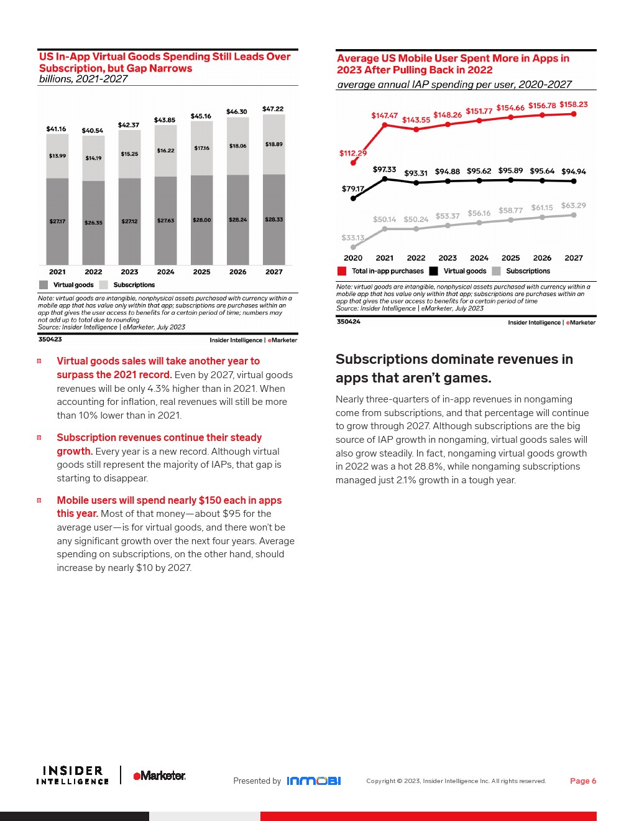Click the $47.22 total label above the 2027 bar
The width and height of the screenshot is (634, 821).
pyautogui.click(x=273, y=109)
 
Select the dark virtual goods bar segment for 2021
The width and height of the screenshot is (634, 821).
pyautogui.click(x=57, y=221)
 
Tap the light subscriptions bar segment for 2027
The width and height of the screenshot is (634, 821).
pyautogui.click(x=274, y=144)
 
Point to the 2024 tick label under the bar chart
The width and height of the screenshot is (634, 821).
pyautogui.click(x=165, y=272)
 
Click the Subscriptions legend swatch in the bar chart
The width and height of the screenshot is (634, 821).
pyautogui.click(x=104, y=285)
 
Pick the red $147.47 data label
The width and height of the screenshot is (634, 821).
pyautogui.click(x=384, y=116)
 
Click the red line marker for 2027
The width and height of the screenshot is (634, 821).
pyautogui.click(x=574, y=114)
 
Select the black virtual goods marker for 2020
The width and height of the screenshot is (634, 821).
pyautogui.click(x=354, y=198)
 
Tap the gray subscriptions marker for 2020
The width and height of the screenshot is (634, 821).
pyautogui.click(x=354, y=247)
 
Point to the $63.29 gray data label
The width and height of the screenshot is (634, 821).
pyautogui.click(x=573, y=205)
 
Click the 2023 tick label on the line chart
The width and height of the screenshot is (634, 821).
pyautogui.click(x=448, y=258)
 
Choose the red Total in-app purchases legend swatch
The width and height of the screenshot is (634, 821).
pyautogui.click(x=342, y=271)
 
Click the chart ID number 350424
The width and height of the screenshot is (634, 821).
pyautogui.click(x=349, y=322)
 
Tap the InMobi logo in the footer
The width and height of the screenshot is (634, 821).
pyautogui.click(x=313, y=781)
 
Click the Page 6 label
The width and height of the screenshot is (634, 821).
pyautogui.click(x=583, y=781)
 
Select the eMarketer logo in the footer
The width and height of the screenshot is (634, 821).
pyautogui.click(x=159, y=776)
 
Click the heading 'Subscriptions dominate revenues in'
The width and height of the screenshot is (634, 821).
pyautogui.click(x=454, y=359)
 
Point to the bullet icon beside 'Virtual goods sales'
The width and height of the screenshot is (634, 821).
pyautogui.click(x=39, y=361)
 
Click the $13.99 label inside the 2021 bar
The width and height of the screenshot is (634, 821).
pyautogui.click(x=57, y=156)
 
